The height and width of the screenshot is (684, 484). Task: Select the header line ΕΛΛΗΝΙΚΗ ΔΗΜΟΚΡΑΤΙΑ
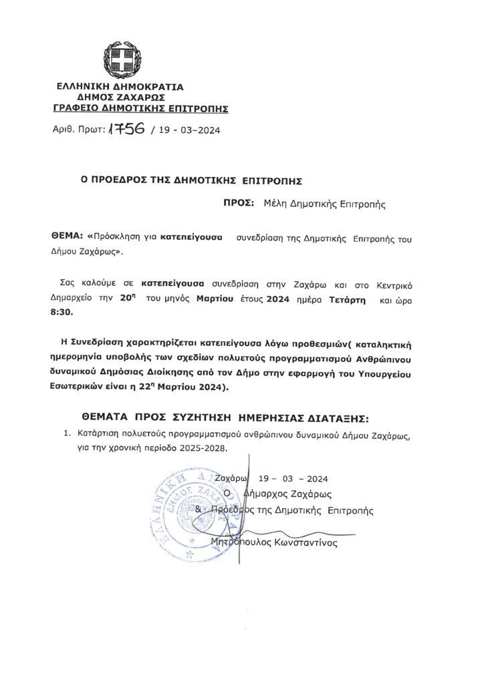120,87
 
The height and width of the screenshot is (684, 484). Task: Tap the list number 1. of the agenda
67,435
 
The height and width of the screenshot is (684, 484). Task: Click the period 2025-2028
205,448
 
